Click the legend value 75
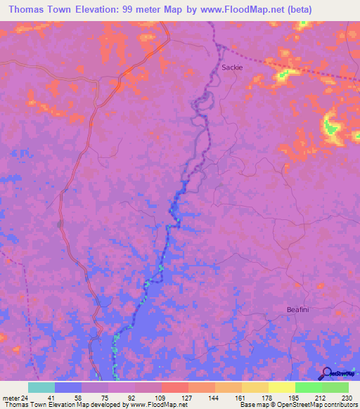point(107,398)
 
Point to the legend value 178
point(268,398)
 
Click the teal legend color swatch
point(41,387)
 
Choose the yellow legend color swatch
point(281,387)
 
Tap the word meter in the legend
point(10,398)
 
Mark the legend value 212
point(321,398)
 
